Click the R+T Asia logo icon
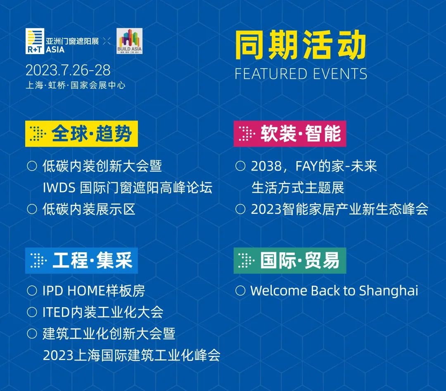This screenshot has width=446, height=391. click(34, 41)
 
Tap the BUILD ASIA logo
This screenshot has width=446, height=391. click(130, 40)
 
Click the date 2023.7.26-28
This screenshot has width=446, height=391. click(68, 70)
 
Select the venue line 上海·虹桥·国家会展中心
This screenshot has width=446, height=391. click(75, 85)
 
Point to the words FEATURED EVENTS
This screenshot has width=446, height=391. click(301, 74)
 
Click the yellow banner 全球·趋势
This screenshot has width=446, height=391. click(81, 134)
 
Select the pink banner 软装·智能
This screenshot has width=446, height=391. click(289, 134)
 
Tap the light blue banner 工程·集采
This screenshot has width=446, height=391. click(81, 261)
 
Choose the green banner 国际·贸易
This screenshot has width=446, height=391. click(289, 261)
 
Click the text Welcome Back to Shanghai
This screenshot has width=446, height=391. click(334, 291)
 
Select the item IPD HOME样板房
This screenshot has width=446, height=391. click(94, 291)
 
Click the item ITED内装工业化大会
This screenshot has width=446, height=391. click(103, 312)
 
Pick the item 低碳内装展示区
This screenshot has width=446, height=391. click(89, 209)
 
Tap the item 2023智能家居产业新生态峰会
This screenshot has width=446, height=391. click(339, 209)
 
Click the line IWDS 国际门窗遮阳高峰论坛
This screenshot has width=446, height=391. click(128, 188)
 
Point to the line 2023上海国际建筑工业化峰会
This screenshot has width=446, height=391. click(131, 355)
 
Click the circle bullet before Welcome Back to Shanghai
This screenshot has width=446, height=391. click(240, 291)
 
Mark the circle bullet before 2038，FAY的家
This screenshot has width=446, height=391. click(240, 166)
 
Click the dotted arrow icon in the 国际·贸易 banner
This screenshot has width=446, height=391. click(246, 261)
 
